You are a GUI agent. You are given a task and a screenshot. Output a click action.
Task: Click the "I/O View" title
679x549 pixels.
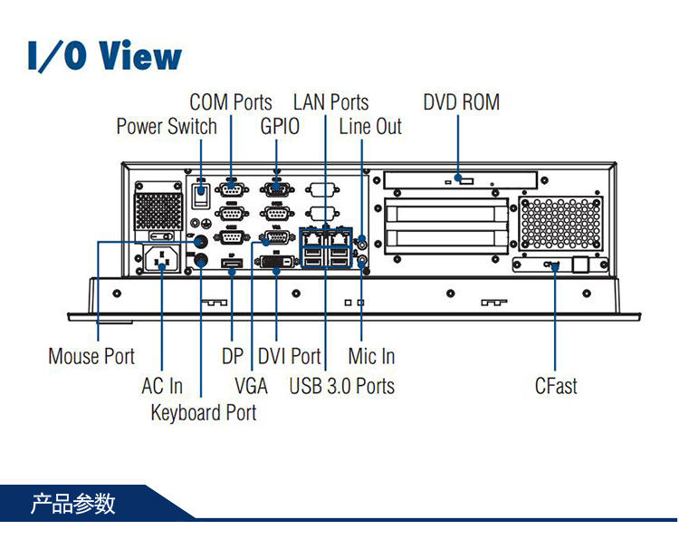click(x=104, y=55)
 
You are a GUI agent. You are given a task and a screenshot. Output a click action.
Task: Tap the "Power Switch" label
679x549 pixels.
click(x=167, y=126)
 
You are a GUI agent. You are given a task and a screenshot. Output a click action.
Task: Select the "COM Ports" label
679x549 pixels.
click(x=231, y=102)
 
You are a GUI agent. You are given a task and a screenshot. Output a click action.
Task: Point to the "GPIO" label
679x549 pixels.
click(x=280, y=126)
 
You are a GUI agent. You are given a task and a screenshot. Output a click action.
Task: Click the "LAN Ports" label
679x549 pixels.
click(x=330, y=102)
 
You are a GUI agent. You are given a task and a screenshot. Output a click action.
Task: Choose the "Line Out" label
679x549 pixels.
click(x=370, y=126)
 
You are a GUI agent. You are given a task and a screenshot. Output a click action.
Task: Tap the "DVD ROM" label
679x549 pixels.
click(x=461, y=102)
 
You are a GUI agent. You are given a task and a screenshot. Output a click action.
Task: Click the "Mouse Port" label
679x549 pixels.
click(x=91, y=356)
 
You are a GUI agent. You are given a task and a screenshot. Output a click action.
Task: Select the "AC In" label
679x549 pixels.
click(x=162, y=386)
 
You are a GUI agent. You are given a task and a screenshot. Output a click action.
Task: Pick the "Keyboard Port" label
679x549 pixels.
click(x=203, y=413)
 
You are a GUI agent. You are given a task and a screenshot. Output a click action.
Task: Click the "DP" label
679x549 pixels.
click(x=233, y=356)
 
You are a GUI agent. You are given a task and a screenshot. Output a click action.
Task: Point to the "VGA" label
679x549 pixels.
click(x=251, y=386)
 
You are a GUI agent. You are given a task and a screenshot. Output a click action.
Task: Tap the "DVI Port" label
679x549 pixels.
click(x=289, y=356)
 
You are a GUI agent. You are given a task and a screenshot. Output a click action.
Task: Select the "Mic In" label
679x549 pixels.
click(x=371, y=356)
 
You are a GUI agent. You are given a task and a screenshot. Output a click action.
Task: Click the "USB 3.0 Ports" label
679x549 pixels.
click(x=342, y=386)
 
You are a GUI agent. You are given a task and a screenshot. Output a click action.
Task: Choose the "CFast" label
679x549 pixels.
click(x=556, y=386)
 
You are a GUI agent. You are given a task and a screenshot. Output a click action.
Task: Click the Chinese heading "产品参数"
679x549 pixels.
click(x=73, y=503)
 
